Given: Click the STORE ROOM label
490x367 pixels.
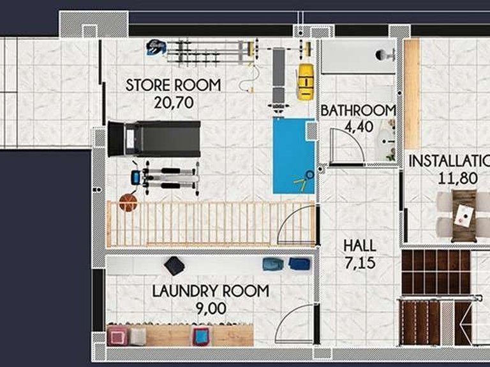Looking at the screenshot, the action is tap(173, 85).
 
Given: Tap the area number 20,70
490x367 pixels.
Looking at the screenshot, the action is tap(174, 103).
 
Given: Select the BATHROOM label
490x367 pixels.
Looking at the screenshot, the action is tap(358, 110).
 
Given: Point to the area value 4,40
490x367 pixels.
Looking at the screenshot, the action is tap(359, 127).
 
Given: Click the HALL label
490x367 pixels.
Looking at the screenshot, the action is tap(360, 245).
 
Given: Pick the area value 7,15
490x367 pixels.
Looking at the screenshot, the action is tap(360, 263).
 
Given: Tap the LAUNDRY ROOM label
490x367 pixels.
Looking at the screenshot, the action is tap(211, 291).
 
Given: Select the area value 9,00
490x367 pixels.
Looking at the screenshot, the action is tap(211, 308).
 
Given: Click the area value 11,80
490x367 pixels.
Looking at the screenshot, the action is tap(457, 178).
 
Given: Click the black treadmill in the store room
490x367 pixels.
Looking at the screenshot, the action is tap(154, 139).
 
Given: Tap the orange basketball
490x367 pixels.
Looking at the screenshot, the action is tap(128, 202).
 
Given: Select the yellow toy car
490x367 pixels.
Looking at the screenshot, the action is tap(305, 82).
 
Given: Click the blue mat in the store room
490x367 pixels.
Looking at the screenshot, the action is tap(293, 155).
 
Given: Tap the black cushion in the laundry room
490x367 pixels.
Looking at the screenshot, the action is tap(174, 266).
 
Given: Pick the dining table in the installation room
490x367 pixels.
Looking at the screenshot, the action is tap(464, 215).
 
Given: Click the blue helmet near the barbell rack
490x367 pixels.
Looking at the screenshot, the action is tap(156, 47).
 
